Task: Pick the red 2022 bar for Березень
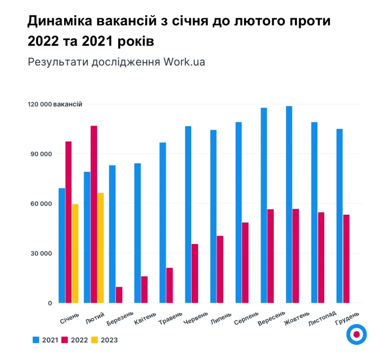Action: pos(119,295)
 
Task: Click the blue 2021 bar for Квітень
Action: pos(137,233)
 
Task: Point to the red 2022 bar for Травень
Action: pos(170,285)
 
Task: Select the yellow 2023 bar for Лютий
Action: pos(100,248)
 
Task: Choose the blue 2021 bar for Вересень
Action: pos(264,205)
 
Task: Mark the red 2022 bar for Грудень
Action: pos(346,259)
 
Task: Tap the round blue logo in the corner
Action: pos(357,334)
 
